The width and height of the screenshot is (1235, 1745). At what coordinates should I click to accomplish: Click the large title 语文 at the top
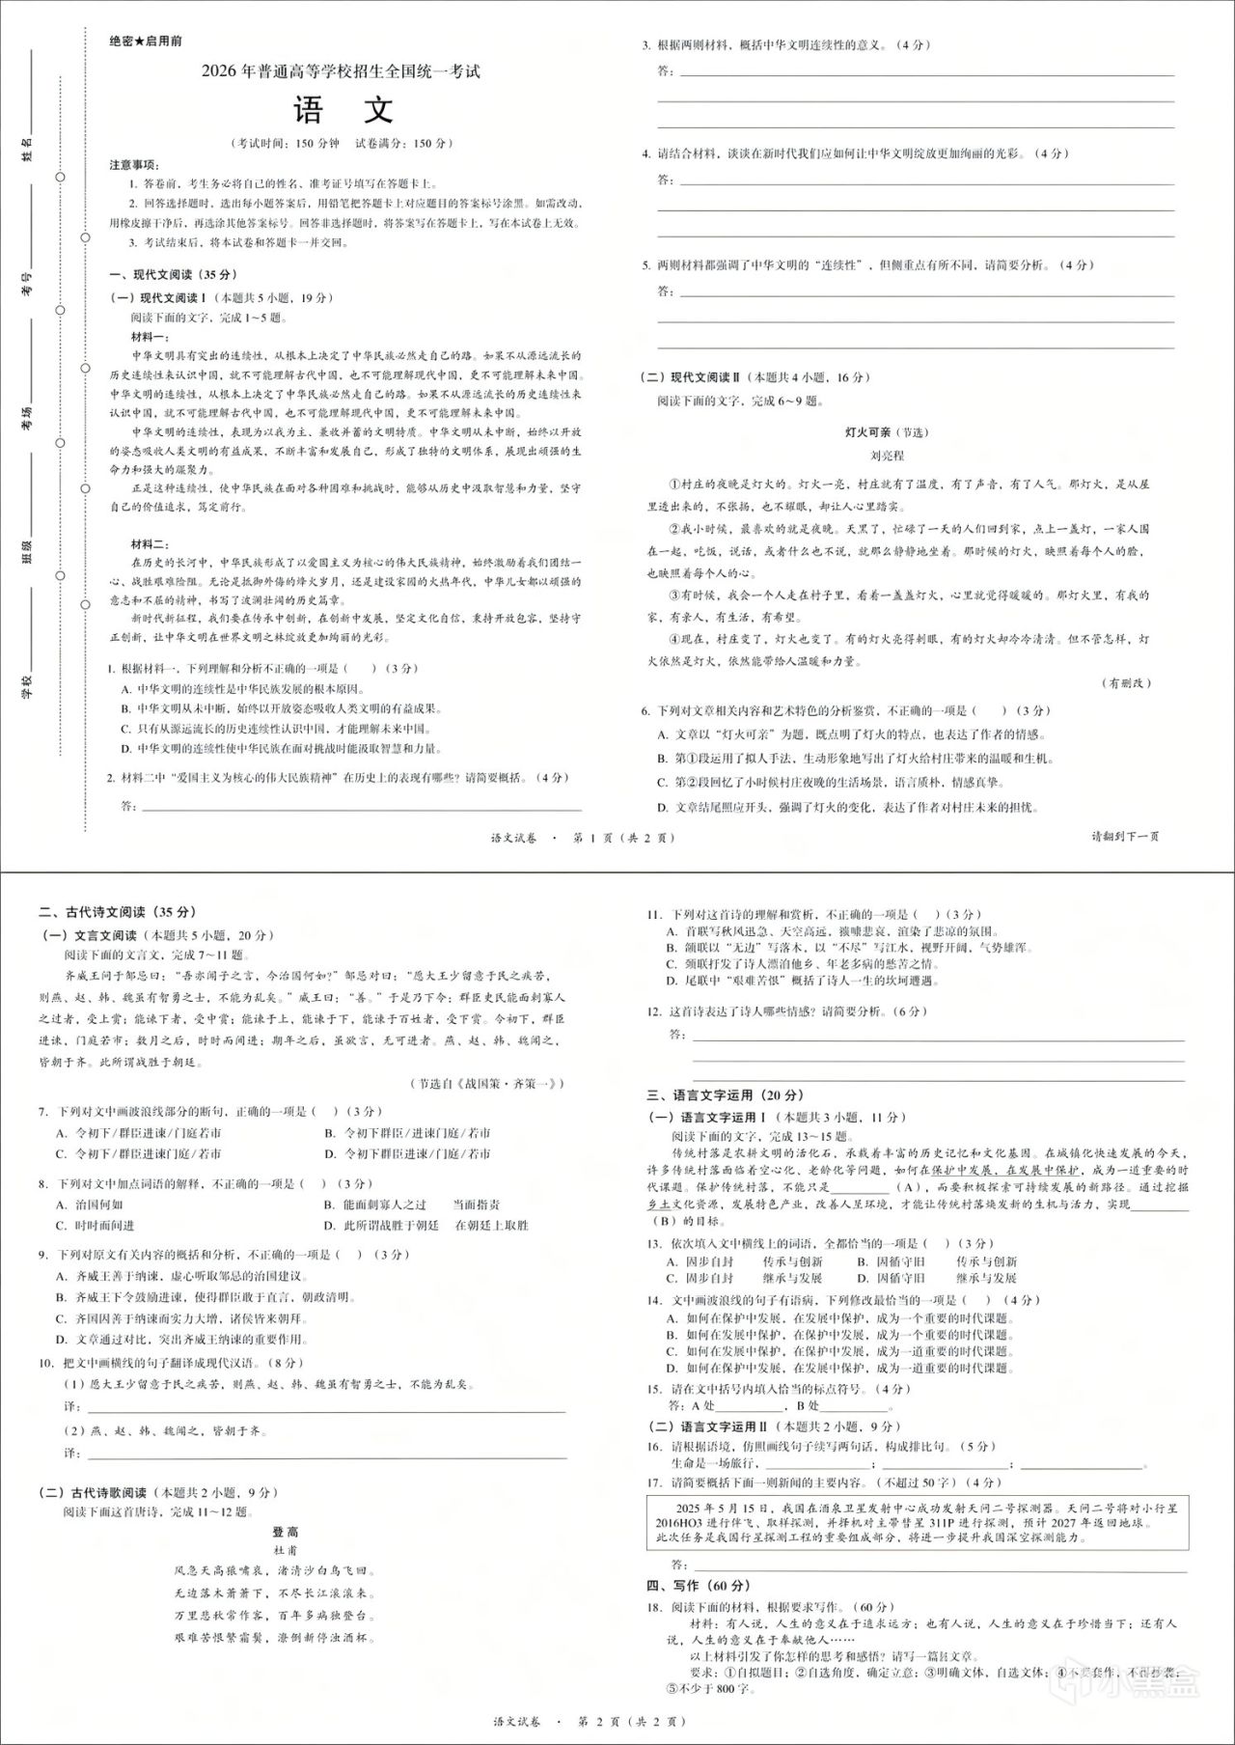coord(343,109)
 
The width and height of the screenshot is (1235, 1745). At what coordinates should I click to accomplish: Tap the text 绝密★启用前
coord(146,42)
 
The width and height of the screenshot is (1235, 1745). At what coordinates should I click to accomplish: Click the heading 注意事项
coord(134,165)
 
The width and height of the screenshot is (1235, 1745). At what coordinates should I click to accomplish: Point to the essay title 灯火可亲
coord(867,432)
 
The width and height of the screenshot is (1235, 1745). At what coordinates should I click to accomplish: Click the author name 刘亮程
coord(887,456)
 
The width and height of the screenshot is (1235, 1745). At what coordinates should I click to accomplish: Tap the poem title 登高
coord(286,1532)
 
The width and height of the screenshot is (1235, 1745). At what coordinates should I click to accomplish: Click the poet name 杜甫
coord(286,1550)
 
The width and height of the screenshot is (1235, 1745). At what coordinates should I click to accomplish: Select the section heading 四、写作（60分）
coord(698,1585)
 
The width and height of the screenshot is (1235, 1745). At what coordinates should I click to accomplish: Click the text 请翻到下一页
coord(1125,836)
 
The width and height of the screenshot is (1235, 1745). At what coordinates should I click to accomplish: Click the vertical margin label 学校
coord(28,687)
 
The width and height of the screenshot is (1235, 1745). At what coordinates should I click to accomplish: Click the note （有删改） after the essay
coord(1126,683)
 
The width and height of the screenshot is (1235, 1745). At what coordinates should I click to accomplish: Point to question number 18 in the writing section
coord(654,1607)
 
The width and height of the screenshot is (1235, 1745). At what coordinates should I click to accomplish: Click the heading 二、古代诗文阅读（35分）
coord(116,912)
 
